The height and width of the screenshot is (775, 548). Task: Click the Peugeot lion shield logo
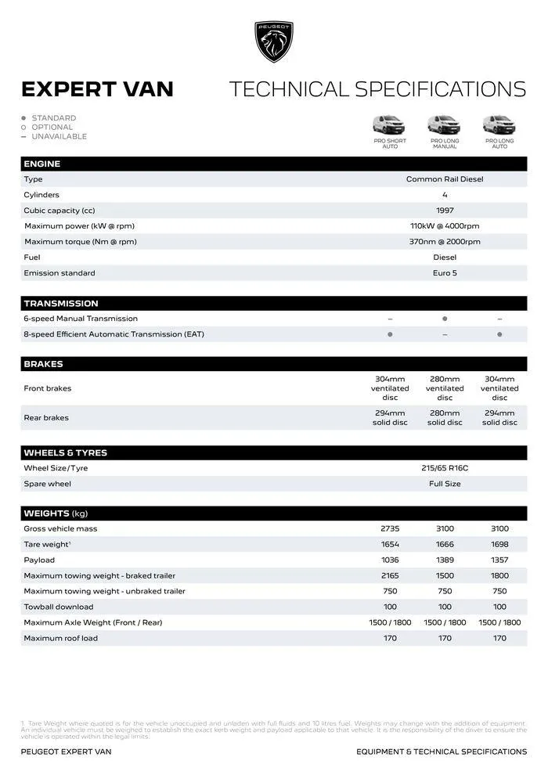click(x=273, y=41)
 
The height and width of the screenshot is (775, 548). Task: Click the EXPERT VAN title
click(x=97, y=89)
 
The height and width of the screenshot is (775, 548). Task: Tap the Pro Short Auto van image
click(x=389, y=125)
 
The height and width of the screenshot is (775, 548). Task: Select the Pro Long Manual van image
click(x=444, y=125)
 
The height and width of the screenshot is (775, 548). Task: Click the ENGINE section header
click(x=42, y=164)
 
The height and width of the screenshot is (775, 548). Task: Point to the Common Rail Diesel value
click(x=444, y=179)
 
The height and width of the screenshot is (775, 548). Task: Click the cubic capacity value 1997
click(x=444, y=211)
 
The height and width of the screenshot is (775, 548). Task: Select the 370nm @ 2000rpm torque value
click(x=444, y=242)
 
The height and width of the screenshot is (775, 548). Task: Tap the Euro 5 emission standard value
click(x=444, y=273)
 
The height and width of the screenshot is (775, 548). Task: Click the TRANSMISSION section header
click(x=61, y=304)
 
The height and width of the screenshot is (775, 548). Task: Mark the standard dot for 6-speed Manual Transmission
click(x=445, y=319)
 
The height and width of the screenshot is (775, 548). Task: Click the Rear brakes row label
click(x=46, y=418)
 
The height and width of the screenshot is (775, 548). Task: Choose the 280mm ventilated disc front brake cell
click(x=445, y=388)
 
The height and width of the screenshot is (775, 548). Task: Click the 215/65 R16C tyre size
click(x=444, y=468)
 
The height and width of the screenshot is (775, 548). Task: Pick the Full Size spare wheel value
click(x=444, y=484)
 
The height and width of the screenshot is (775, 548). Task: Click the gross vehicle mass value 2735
click(x=390, y=529)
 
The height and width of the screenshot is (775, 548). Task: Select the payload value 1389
click(x=445, y=561)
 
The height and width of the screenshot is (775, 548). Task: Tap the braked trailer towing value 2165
click(x=390, y=576)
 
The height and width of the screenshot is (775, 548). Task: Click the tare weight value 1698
click(x=499, y=545)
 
